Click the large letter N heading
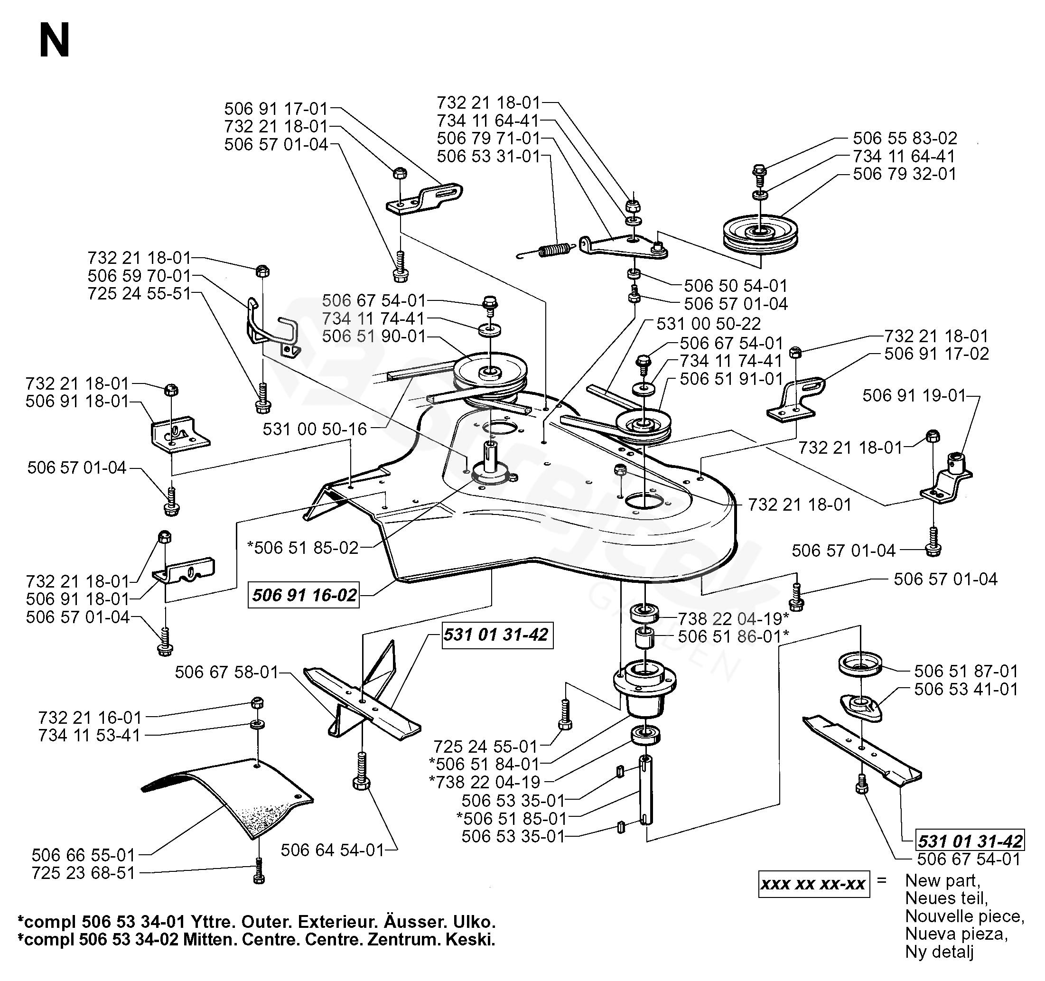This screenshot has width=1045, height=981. (54, 42)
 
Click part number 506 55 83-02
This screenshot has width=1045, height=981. (904, 138)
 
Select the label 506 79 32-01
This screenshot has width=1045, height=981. (904, 174)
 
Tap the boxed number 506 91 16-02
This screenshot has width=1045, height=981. (304, 595)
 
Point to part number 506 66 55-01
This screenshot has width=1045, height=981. (84, 855)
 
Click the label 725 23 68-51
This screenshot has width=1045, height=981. (84, 873)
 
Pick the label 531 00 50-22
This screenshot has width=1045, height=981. (708, 323)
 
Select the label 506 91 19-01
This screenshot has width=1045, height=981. (914, 395)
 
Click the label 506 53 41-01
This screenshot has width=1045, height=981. (966, 689)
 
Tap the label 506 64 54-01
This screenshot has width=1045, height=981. (332, 850)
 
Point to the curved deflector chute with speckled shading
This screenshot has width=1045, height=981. (231, 796)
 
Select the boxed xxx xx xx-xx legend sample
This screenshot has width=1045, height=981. (813, 884)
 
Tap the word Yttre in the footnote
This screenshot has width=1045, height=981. (210, 922)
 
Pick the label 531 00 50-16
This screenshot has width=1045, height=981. (314, 429)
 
